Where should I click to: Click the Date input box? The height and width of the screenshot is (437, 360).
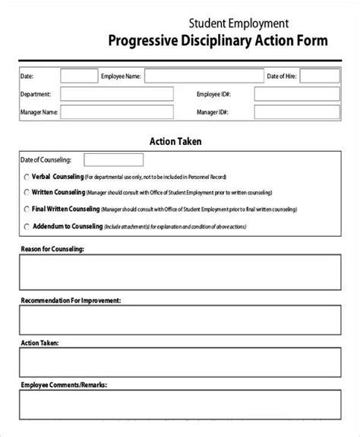[77, 76]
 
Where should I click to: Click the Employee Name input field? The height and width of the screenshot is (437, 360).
[198, 76]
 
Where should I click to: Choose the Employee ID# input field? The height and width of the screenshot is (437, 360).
[297, 94]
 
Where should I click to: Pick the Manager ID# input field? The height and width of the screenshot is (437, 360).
[297, 112]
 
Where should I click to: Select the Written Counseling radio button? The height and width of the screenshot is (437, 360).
[27, 192]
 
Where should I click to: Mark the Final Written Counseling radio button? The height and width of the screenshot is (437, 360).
[27, 209]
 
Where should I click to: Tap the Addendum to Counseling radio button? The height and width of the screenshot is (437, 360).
[27, 225]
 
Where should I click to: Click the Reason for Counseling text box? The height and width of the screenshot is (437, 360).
[179, 272]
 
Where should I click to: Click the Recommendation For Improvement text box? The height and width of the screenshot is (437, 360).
[179, 322]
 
